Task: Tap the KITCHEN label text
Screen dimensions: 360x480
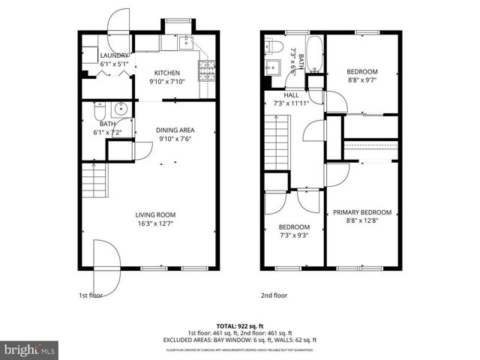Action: (167, 73)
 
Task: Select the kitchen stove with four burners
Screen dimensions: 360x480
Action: (205, 71)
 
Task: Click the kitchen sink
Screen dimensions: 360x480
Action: (185, 43)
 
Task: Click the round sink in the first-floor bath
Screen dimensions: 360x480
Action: (124, 112)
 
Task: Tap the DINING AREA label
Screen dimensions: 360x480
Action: (175, 130)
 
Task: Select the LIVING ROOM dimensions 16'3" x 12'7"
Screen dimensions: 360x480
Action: (155, 223)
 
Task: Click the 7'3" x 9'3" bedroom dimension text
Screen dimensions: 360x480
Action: (294, 235)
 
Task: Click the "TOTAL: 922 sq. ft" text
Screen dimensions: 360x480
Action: (240, 326)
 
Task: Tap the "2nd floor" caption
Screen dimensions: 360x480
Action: (274, 295)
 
